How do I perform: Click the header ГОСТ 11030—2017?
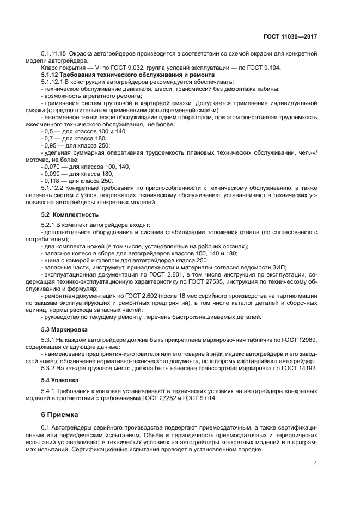(x=291, y=36)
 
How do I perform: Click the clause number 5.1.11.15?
(x=54, y=53)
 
